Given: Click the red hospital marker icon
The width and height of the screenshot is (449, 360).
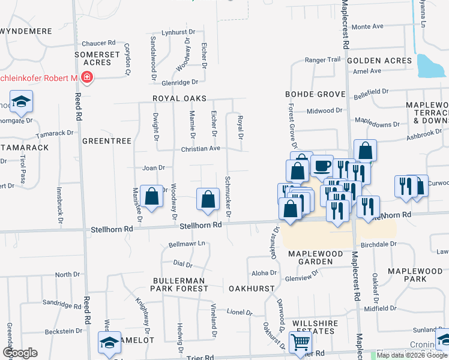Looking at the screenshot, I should coord(87,77).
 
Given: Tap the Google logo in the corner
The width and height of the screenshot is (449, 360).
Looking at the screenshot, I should coord(20,353).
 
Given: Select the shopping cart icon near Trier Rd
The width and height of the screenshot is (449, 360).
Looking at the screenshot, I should coord(300,343).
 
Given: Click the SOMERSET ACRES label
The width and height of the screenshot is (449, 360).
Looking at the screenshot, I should coord(93,58).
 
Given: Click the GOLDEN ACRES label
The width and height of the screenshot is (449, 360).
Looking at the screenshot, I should coord(379,61).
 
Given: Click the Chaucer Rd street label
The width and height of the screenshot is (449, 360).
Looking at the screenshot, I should coord(98,43).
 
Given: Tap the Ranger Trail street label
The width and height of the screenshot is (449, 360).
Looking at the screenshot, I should coord(322,59).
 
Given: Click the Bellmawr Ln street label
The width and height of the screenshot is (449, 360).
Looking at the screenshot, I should coord(187,244).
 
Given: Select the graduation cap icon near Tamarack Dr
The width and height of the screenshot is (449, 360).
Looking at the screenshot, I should coord(21,101).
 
